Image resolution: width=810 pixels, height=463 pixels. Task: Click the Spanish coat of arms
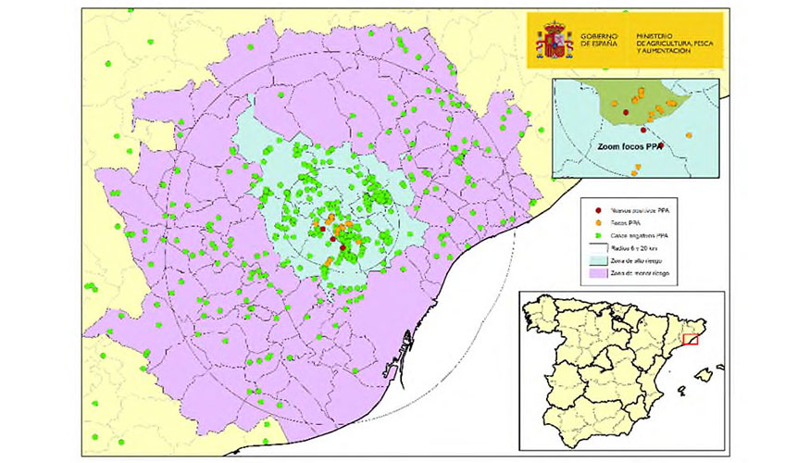pos(556,40)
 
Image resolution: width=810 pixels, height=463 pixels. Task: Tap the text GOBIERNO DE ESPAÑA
pos(599,39)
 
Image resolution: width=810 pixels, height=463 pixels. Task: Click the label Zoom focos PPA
pos(628,145)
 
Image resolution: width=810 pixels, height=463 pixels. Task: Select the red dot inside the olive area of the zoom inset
pos(626,113)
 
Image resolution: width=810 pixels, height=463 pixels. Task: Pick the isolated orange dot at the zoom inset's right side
pos(691,135)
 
